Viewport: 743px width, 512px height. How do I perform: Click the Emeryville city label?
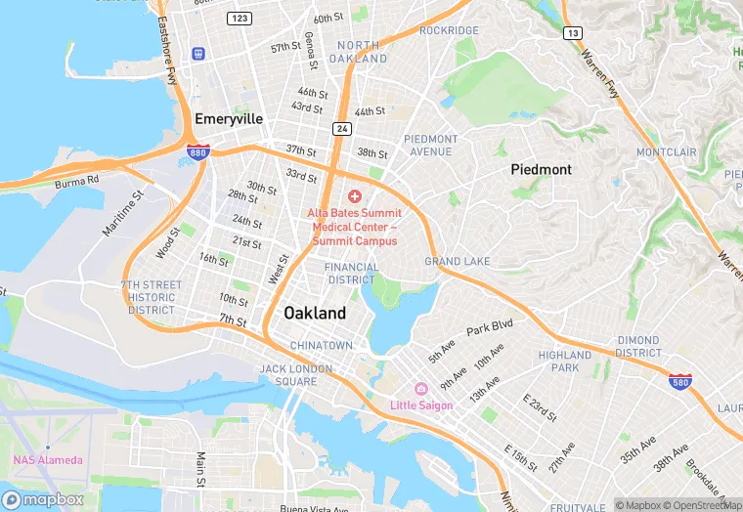click(229, 118)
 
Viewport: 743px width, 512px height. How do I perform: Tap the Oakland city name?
click(314, 313)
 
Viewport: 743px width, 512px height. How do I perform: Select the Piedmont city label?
click(541, 169)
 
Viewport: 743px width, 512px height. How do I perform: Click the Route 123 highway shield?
click(238, 19)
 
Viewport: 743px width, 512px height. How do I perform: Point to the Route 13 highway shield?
click(572, 33)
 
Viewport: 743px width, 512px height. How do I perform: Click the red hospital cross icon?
click(354, 196)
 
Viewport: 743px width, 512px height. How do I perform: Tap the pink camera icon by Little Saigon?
click(421, 389)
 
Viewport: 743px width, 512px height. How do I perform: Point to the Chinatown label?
click(321, 346)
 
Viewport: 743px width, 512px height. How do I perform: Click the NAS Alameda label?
click(48, 460)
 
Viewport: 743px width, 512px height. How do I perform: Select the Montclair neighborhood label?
click(666, 153)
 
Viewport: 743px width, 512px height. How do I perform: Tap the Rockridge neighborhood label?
click(449, 30)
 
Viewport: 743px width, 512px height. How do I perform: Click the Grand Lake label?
click(457, 262)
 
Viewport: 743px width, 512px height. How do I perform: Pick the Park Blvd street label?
click(489, 326)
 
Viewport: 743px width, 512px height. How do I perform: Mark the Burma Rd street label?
click(77, 181)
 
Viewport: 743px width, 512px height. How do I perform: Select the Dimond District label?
click(638, 347)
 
